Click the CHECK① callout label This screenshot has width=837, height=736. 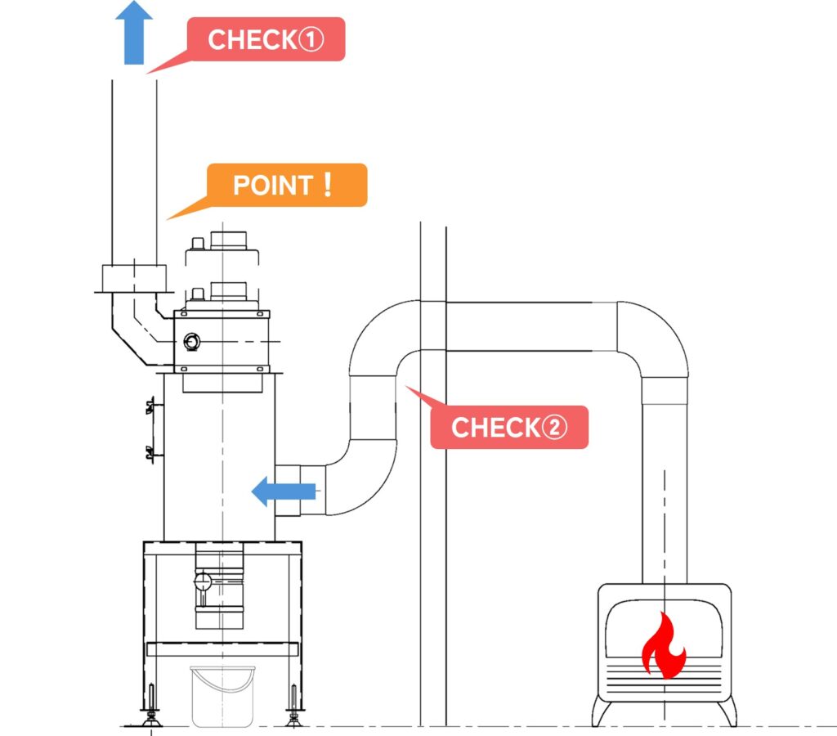tap(266, 39)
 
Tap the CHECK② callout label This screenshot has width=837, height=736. tap(508, 427)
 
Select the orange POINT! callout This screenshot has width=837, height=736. tap(286, 185)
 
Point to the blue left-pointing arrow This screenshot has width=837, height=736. tap(283, 491)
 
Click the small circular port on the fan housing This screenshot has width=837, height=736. tap(193, 340)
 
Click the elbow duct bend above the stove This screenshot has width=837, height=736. tap(654, 335)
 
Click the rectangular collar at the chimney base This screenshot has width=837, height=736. tap(133, 278)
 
